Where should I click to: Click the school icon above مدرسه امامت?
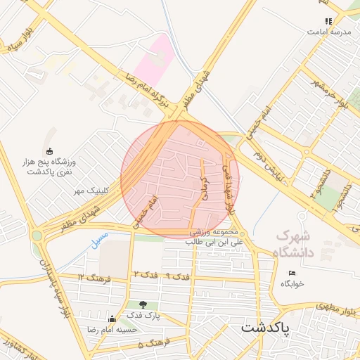[328, 21]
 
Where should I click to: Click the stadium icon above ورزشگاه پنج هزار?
[49, 151]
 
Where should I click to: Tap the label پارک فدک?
[144, 316]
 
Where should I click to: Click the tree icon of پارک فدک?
[143, 304]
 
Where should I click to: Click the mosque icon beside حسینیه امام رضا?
[110, 319]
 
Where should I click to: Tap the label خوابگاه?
[292, 283]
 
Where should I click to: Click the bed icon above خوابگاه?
[292, 273]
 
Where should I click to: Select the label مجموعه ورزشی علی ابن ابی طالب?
[213, 237]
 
